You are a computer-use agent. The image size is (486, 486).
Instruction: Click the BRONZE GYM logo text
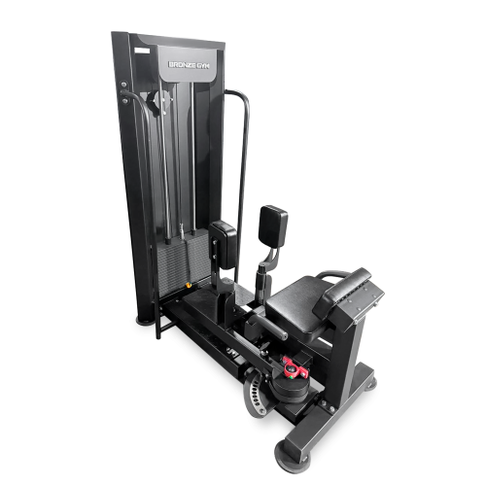click(189, 65)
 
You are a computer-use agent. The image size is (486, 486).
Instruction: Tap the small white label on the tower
click(142, 51)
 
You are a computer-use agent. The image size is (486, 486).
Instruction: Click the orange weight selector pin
click(188, 285)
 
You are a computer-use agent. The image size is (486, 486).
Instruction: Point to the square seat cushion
click(299, 304)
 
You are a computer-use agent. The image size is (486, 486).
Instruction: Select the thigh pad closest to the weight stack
click(224, 244)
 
